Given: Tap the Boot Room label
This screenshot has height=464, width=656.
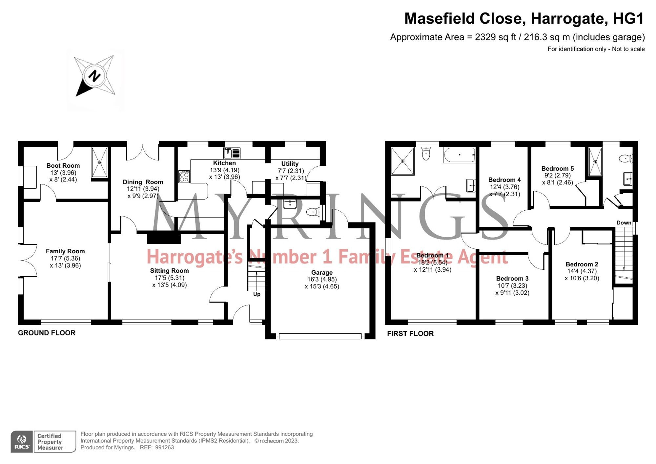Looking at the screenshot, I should pyautogui.click(x=63, y=166).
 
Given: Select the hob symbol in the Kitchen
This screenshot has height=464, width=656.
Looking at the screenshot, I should pyautogui.click(x=184, y=177).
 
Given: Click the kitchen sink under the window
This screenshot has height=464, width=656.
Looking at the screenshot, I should pyautogui.click(x=232, y=153).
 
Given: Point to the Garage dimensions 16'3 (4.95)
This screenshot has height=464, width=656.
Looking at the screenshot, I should pyautogui.click(x=322, y=280).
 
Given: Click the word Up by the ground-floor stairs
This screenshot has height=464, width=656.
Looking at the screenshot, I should pyautogui.click(x=256, y=294).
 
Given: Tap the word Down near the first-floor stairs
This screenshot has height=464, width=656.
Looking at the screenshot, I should pyautogui.click(x=624, y=223).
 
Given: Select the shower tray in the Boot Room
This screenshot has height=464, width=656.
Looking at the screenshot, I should pyautogui.click(x=99, y=162).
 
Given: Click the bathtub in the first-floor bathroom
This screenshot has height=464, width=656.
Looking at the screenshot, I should pyautogui.click(x=459, y=155).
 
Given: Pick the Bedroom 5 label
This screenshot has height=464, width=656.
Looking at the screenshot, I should pyautogui.click(x=557, y=169).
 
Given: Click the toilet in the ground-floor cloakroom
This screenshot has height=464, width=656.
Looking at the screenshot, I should pyautogui.click(x=313, y=212).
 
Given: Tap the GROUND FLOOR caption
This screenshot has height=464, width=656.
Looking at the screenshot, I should pyautogui.click(x=47, y=333).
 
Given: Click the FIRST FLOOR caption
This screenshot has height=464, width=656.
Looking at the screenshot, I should pyautogui.click(x=410, y=334).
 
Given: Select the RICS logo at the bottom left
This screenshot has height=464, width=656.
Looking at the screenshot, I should pyautogui.click(x=22, y=441).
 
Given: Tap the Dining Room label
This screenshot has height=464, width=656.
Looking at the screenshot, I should pyautogui.click(x=143, y=182).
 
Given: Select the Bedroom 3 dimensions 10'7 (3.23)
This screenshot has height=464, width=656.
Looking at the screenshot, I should pyautogui.click(x=512, y=285).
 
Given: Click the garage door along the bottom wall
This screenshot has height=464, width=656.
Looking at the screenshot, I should pyautogui.click(x=320, y=336).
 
